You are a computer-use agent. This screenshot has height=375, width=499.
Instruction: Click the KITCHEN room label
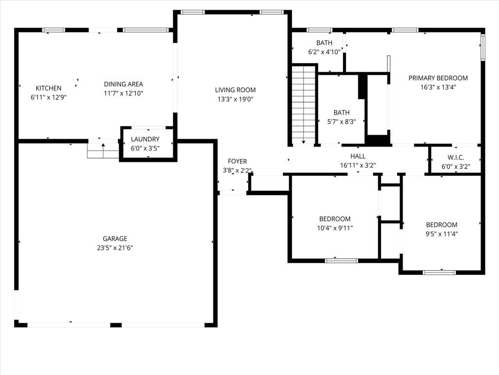tap(48, 88)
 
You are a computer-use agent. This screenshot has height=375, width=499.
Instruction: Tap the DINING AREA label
tap(123, 84)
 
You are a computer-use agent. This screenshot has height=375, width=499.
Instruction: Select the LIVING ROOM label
tap(235, 90)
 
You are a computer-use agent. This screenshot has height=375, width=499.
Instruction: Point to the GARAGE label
tap(115, 238)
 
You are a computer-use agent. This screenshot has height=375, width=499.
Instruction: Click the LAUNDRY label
tap(145, 139)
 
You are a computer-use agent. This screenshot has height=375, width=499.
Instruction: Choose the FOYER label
tap(237, 161)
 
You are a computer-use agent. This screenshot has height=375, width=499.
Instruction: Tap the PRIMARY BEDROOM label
tap(438, 78)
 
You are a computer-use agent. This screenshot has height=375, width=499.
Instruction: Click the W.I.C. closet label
tap(456, 158)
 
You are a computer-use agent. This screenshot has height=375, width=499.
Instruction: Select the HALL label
tap(358, 156)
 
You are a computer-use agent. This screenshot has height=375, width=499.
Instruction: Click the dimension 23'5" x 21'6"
tap(115, 248)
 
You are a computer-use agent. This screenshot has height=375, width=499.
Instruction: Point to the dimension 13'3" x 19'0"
tap(235, 99)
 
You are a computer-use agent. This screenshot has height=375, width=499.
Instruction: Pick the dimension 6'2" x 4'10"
tap(324, 52)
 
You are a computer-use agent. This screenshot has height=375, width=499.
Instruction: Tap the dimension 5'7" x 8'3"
tap(342, 122)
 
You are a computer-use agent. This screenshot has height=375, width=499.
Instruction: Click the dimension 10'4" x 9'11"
tap(335, 228)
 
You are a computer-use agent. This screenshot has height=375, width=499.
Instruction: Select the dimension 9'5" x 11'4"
tap(441, 234)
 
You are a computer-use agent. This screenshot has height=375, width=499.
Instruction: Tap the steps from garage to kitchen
tap(103, 150)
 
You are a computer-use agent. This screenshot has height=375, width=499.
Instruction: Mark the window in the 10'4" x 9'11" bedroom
tap(342, 261)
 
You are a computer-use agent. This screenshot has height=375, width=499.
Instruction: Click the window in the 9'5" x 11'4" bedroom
tap(439, 272)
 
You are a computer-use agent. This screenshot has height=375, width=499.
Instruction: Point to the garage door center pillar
tap(116, 325)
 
